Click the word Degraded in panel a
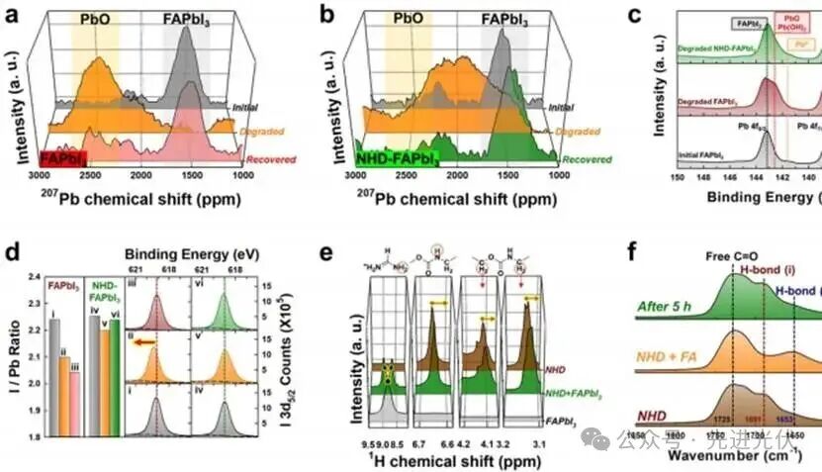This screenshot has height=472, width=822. tap(256, 129)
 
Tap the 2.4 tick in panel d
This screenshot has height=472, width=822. tap(35, 277)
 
